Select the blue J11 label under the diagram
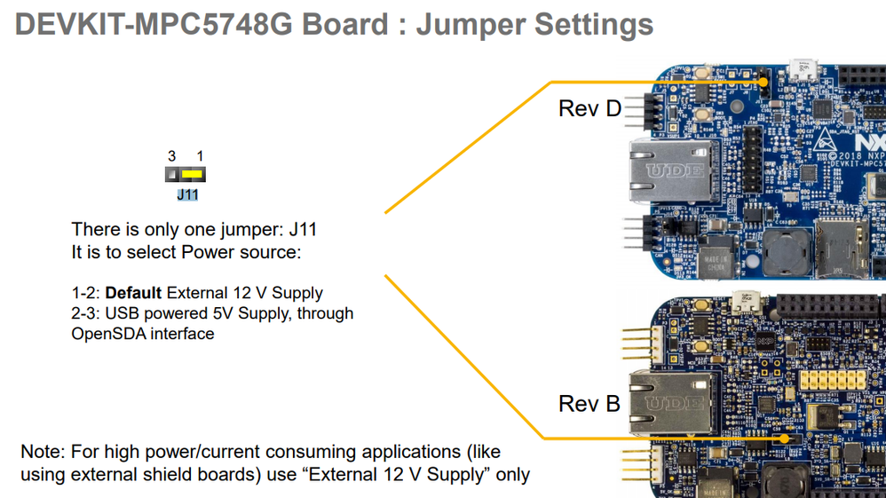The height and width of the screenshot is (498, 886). [187, 194]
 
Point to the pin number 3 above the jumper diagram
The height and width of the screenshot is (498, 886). [171, 156]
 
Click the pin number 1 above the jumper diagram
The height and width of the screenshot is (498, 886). [201, 156]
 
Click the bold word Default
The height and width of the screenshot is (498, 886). [133, 293]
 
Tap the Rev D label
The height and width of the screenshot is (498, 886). [589, 108]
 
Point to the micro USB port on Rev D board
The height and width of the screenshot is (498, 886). [804, 68]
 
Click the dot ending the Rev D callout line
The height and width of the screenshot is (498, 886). [763, 82]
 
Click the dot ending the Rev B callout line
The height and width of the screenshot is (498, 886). [785, 438]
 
